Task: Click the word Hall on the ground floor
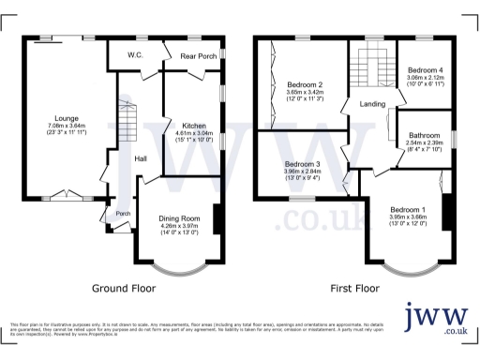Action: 140,158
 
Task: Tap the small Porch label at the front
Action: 121,212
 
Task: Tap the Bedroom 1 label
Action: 407,208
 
